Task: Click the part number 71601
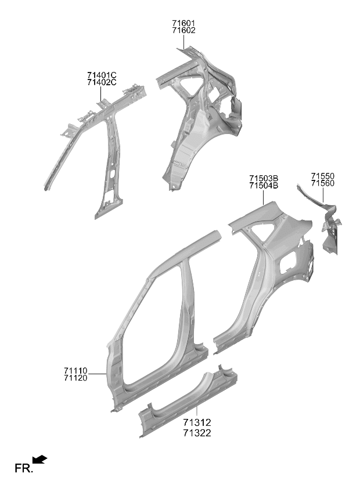pyautogui.click(x=183, y=23)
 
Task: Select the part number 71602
pyautogui.click(x=183, y=30)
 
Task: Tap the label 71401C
pyautogui.click(x=102, y=75)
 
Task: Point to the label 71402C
pyautogui.click(x=102, y=82)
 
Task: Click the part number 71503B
pyautogui.click(x=264, y=179)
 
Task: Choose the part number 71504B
pyautogui.click(x=264, y=186)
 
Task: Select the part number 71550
pyautogui.click(x=323, y=176)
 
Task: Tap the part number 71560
pyautogui.click(x=323, y=183)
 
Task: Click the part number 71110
pyautogui.click(x=75, y=371)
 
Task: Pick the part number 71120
pyautogui.click(x=75, y=378)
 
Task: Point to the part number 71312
pyautogui.click(x=197, y=422)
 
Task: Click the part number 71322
pyautogui.click(x=197, y=433)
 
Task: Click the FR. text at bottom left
pyautogui.click(x=24, y=468)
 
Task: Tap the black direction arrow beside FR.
pyautogui.click(x=40, y=460)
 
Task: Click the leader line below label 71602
pyautogui.click(x=183, y=42)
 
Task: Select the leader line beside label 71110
pyautogui.click(x=98, y=374)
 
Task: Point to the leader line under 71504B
pyautogui.click(x=263, y=197)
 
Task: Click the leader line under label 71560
pyautogui.click(x=323, y=195)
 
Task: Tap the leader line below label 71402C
pyautogui.click(x=101, y=94)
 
